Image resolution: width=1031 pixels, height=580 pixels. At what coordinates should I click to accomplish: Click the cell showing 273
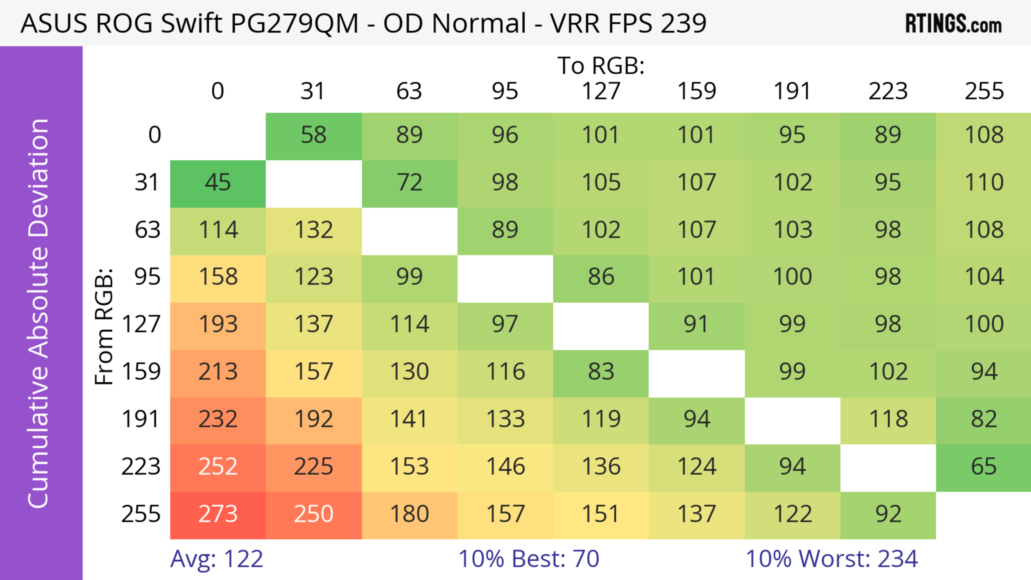coord(218,515)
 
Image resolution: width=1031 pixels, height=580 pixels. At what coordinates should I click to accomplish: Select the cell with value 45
coord(218,183)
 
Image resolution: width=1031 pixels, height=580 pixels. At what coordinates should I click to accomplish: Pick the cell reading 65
coord(983,467)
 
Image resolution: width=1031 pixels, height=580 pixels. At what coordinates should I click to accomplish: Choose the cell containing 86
coord(601,278)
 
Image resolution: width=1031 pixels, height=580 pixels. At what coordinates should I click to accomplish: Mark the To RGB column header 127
coord(601,91)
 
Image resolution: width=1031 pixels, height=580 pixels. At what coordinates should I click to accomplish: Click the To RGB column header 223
coord(888,91)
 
